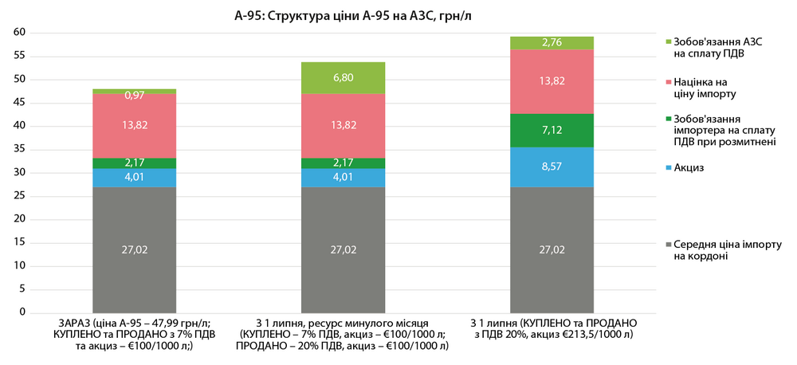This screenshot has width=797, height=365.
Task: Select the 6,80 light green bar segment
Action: pyautogui.click(x=343, y=77)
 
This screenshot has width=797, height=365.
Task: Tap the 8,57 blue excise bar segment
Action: pyautogui.click(x=553, y=167)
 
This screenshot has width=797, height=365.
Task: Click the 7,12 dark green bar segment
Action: pyautogui.click(x=553, y=130)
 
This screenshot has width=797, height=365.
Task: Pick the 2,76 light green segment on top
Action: pyautogui.click(x=553, y=42)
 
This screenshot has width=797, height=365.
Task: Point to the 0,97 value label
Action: pyautogui.click(x=134, y=96)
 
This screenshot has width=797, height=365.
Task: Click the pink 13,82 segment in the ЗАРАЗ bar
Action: pyautogui.click(x=134, y=125)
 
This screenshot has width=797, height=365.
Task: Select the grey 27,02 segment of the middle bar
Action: pyautogui.click(x=343, y=249)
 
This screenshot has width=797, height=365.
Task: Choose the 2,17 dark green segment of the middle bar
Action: pyautogui.click(x=343, y=163)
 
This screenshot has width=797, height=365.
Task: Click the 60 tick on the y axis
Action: pyautogui.click(x=21, y=32)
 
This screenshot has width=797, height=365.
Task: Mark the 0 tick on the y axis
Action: pyautogui.click(x=24, y=312)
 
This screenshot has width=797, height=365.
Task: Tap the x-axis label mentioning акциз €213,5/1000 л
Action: pyautogui.click(x=553, y=328)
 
